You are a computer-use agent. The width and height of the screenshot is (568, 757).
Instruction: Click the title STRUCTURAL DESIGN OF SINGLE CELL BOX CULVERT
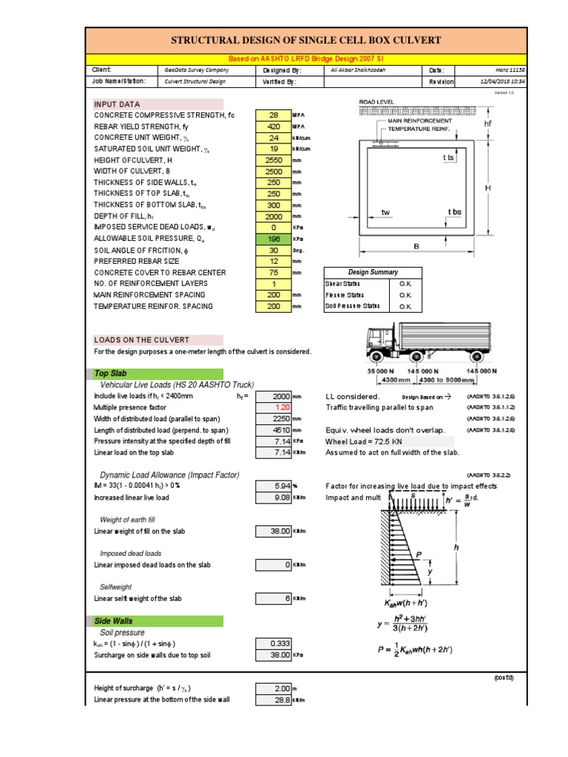click(305, 40)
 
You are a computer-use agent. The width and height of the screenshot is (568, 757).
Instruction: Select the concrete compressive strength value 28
click(274, 115)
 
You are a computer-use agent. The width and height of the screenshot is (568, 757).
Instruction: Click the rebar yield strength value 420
click(274, 126)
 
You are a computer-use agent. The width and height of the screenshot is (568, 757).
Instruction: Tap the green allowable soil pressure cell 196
click(274, 239)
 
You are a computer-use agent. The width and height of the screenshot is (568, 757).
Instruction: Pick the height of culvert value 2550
click(274, 160)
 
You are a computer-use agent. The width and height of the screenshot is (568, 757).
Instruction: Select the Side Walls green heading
click(114, 621)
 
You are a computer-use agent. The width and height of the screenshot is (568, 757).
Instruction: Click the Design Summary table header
click(373, 272)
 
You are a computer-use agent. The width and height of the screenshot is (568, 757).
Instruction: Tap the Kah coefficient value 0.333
click(278, 643)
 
